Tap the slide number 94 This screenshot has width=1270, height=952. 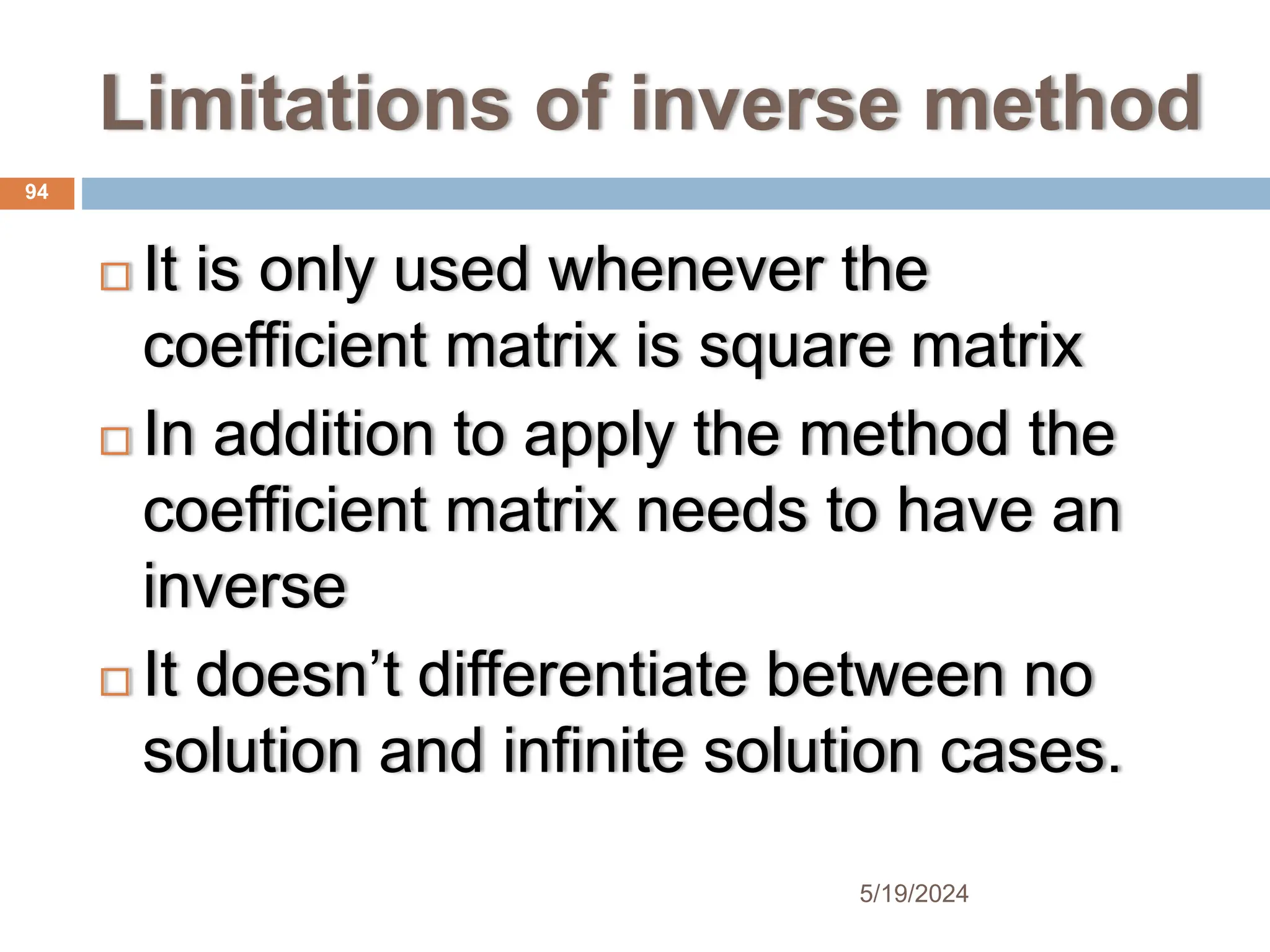click(x=37, y=192)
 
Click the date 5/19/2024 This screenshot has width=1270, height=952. click(x=913, y=894)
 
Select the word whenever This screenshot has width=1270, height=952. click(x=687, y=270)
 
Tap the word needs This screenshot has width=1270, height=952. click(x=722, y=511)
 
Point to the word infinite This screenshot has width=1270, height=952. click(x=594, y=751)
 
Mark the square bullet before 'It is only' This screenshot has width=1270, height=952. click(x=115, y=276)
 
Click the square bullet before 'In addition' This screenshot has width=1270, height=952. click(x=115, y=441)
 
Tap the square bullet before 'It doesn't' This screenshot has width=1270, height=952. click(x=115, y=682)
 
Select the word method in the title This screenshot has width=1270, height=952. click(x=1063, y=104)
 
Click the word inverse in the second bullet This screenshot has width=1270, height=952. click(x=244, y=586)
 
